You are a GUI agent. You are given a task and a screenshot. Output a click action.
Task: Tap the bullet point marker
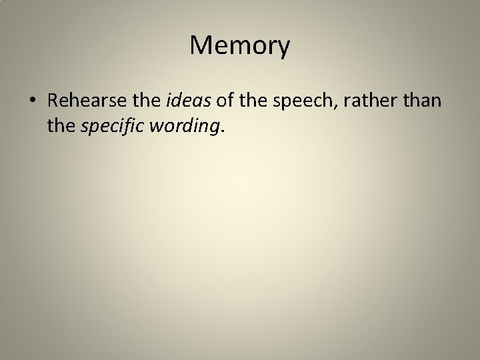(33, 101)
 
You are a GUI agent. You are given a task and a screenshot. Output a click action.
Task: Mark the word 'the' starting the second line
(61, 126)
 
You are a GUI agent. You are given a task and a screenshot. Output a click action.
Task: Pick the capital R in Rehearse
(55, 101)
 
